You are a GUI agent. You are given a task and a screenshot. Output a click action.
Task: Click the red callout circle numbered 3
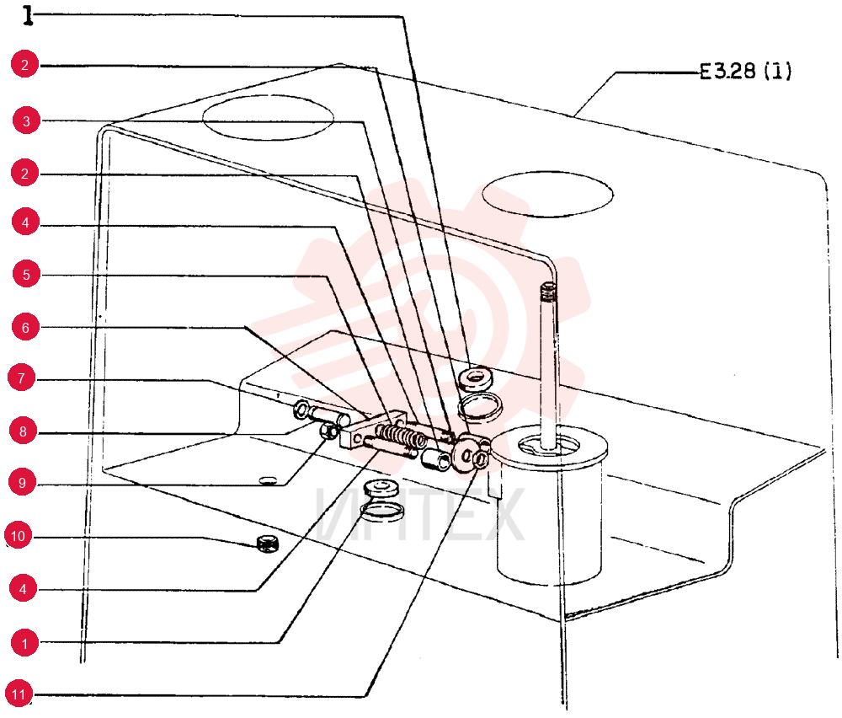pos(27,121)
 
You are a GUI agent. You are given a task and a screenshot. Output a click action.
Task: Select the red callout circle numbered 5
pos(27,275)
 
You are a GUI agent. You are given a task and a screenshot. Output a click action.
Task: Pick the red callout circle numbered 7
pos(22,378)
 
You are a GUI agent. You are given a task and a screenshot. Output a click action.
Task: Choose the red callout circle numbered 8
pos(23,431)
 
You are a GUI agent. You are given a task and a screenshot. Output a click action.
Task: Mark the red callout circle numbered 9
pos(22,483)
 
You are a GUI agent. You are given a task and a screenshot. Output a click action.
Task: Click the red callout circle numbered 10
pos(19,536)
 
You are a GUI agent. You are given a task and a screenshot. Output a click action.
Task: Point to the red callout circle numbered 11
pos(19,694)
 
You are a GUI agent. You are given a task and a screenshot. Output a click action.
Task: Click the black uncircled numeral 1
pos(29,15)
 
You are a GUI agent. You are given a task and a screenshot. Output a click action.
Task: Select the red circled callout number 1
pos(24,643)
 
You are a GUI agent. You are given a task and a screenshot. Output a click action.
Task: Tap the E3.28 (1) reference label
pos(745,71)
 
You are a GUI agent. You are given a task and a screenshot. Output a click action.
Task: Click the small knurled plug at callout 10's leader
pos(268,544)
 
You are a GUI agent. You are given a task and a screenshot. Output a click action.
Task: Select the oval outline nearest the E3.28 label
pos(547,194)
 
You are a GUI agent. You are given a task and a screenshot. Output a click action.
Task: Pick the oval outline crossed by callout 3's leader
pos(268,118)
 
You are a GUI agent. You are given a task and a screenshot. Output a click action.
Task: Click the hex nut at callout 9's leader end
pos(328,431)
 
